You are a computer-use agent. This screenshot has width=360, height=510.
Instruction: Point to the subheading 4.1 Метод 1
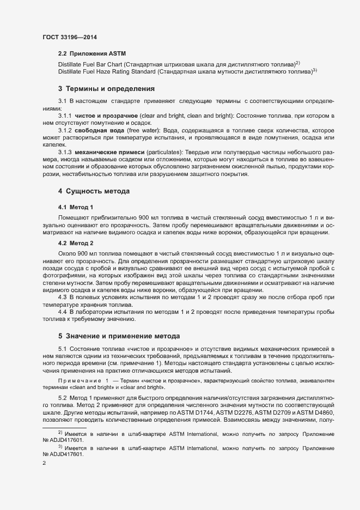76,207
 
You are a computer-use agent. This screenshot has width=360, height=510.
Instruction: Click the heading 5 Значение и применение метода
119,334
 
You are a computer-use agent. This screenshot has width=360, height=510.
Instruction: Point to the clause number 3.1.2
65,131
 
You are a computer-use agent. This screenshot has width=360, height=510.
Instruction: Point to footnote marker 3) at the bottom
60,446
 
